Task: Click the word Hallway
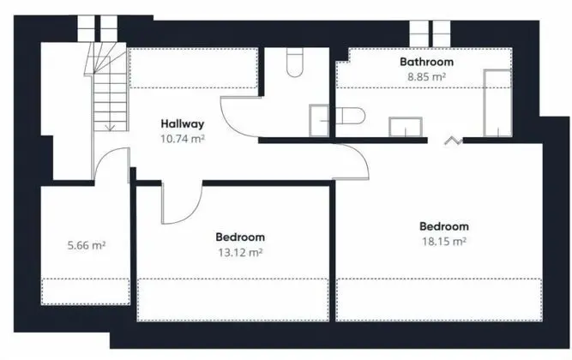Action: [183, 123]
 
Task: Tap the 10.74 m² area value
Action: [183, 139]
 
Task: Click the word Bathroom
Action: [426, 62]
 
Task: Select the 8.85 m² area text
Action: [426, 77]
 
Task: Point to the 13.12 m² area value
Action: [240, 252]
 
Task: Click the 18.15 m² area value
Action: [444, 242]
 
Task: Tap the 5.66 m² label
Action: [87, 245]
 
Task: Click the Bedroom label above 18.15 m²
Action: [444, 226]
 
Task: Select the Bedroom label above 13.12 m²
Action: [240, 237]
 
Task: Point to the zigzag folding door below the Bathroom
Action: [454, 141]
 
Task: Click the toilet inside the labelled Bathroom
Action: [350, 116]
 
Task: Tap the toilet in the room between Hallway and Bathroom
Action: [294, 62]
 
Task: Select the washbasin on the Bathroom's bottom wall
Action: [406, 127]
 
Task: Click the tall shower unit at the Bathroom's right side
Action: [497, 103]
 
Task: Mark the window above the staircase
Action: [98, 28]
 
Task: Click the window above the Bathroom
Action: [431, 33]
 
